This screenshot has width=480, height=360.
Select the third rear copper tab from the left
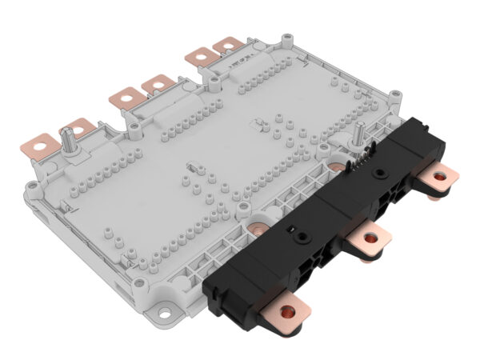(x=124, y=96)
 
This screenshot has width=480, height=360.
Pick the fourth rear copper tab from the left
(x=158, y=82)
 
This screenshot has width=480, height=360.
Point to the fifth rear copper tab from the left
(x=197, y=57)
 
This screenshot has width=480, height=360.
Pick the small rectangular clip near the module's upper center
(x=258, y=124)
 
